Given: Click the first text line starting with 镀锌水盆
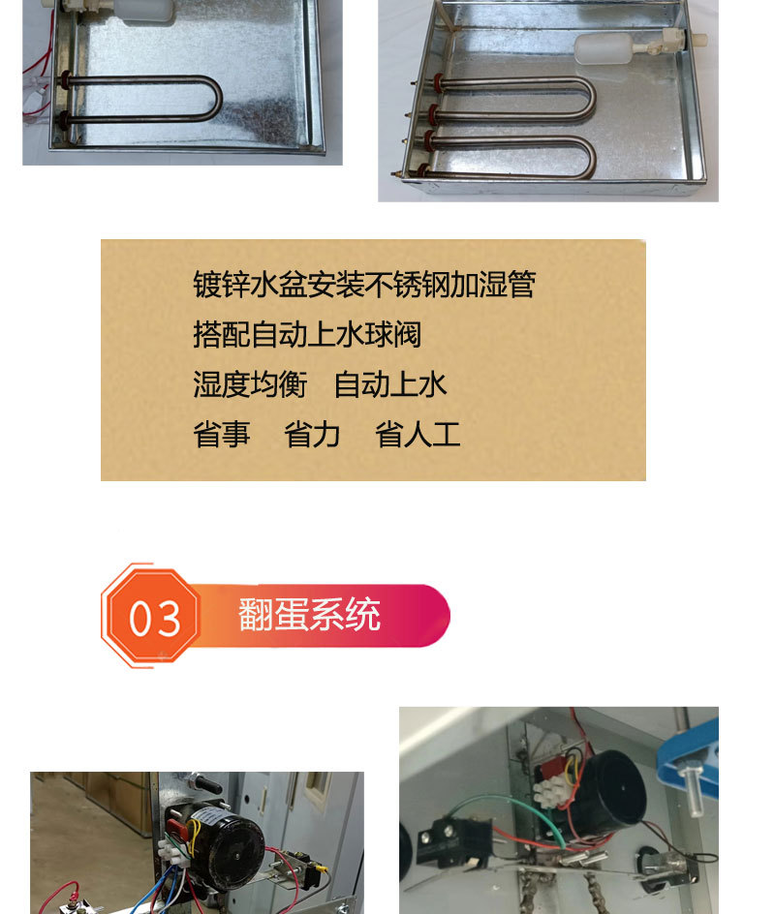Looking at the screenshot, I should click(x=363, y=285).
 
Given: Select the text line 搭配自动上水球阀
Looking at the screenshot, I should click(x=307, y=335).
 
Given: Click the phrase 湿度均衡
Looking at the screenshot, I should click(x=249, y=385).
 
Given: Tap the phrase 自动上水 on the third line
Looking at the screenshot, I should click(x=389, y=385).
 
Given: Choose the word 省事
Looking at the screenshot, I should click(x=221, y=435).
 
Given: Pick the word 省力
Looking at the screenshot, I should click(x=312, y=435).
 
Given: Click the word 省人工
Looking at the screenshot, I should click(x=418, y=435).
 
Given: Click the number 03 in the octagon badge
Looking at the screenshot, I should click(x=154, y=618).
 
